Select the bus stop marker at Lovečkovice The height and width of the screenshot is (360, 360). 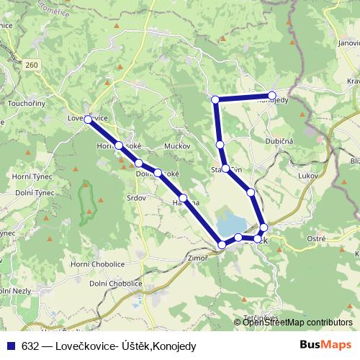click(88, 120)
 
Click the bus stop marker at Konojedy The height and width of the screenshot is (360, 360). click(272, 96)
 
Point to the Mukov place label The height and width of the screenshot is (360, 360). click(177, 145)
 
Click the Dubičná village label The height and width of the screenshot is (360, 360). click(279, 142)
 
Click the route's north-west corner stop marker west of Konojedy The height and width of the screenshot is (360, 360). click(215, 99)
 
